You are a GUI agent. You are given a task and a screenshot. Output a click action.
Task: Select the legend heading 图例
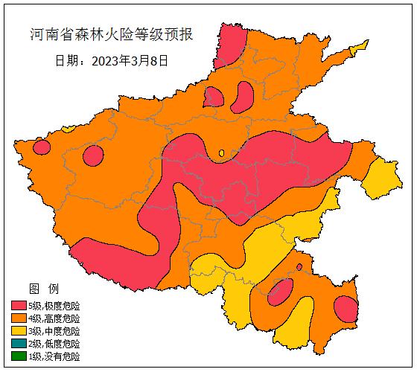[x=38, y=288]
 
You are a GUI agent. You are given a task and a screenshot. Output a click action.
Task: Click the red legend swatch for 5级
[x=19, y=306]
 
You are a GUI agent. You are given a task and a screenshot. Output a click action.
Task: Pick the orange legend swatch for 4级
[x=19, y=318]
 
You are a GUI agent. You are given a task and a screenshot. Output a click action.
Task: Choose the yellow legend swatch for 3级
[x=19, y=331]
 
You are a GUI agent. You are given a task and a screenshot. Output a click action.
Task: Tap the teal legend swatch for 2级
[x=19, y=344]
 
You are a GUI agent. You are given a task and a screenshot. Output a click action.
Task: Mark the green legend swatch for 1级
[x=19, y=356]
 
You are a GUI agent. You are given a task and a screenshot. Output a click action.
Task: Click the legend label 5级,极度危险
[x=54, y=306]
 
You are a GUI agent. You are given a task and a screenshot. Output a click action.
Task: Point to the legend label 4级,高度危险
[x=54, y=318]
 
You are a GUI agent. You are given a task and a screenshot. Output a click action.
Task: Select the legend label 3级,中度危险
[x=54, y=331]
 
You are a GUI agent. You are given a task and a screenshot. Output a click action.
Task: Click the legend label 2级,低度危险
[x=54, y=344]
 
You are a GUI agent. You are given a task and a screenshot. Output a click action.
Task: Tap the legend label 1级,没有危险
[x=54, y=356]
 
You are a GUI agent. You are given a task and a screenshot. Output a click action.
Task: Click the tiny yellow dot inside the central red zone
[x=221, y=153]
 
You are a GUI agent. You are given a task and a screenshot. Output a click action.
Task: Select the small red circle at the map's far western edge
[x=42, y=147]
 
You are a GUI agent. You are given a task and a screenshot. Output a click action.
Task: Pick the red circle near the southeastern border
[x=346, y=308]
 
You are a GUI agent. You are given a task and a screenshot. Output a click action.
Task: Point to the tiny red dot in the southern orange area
[x=299, y=266]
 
